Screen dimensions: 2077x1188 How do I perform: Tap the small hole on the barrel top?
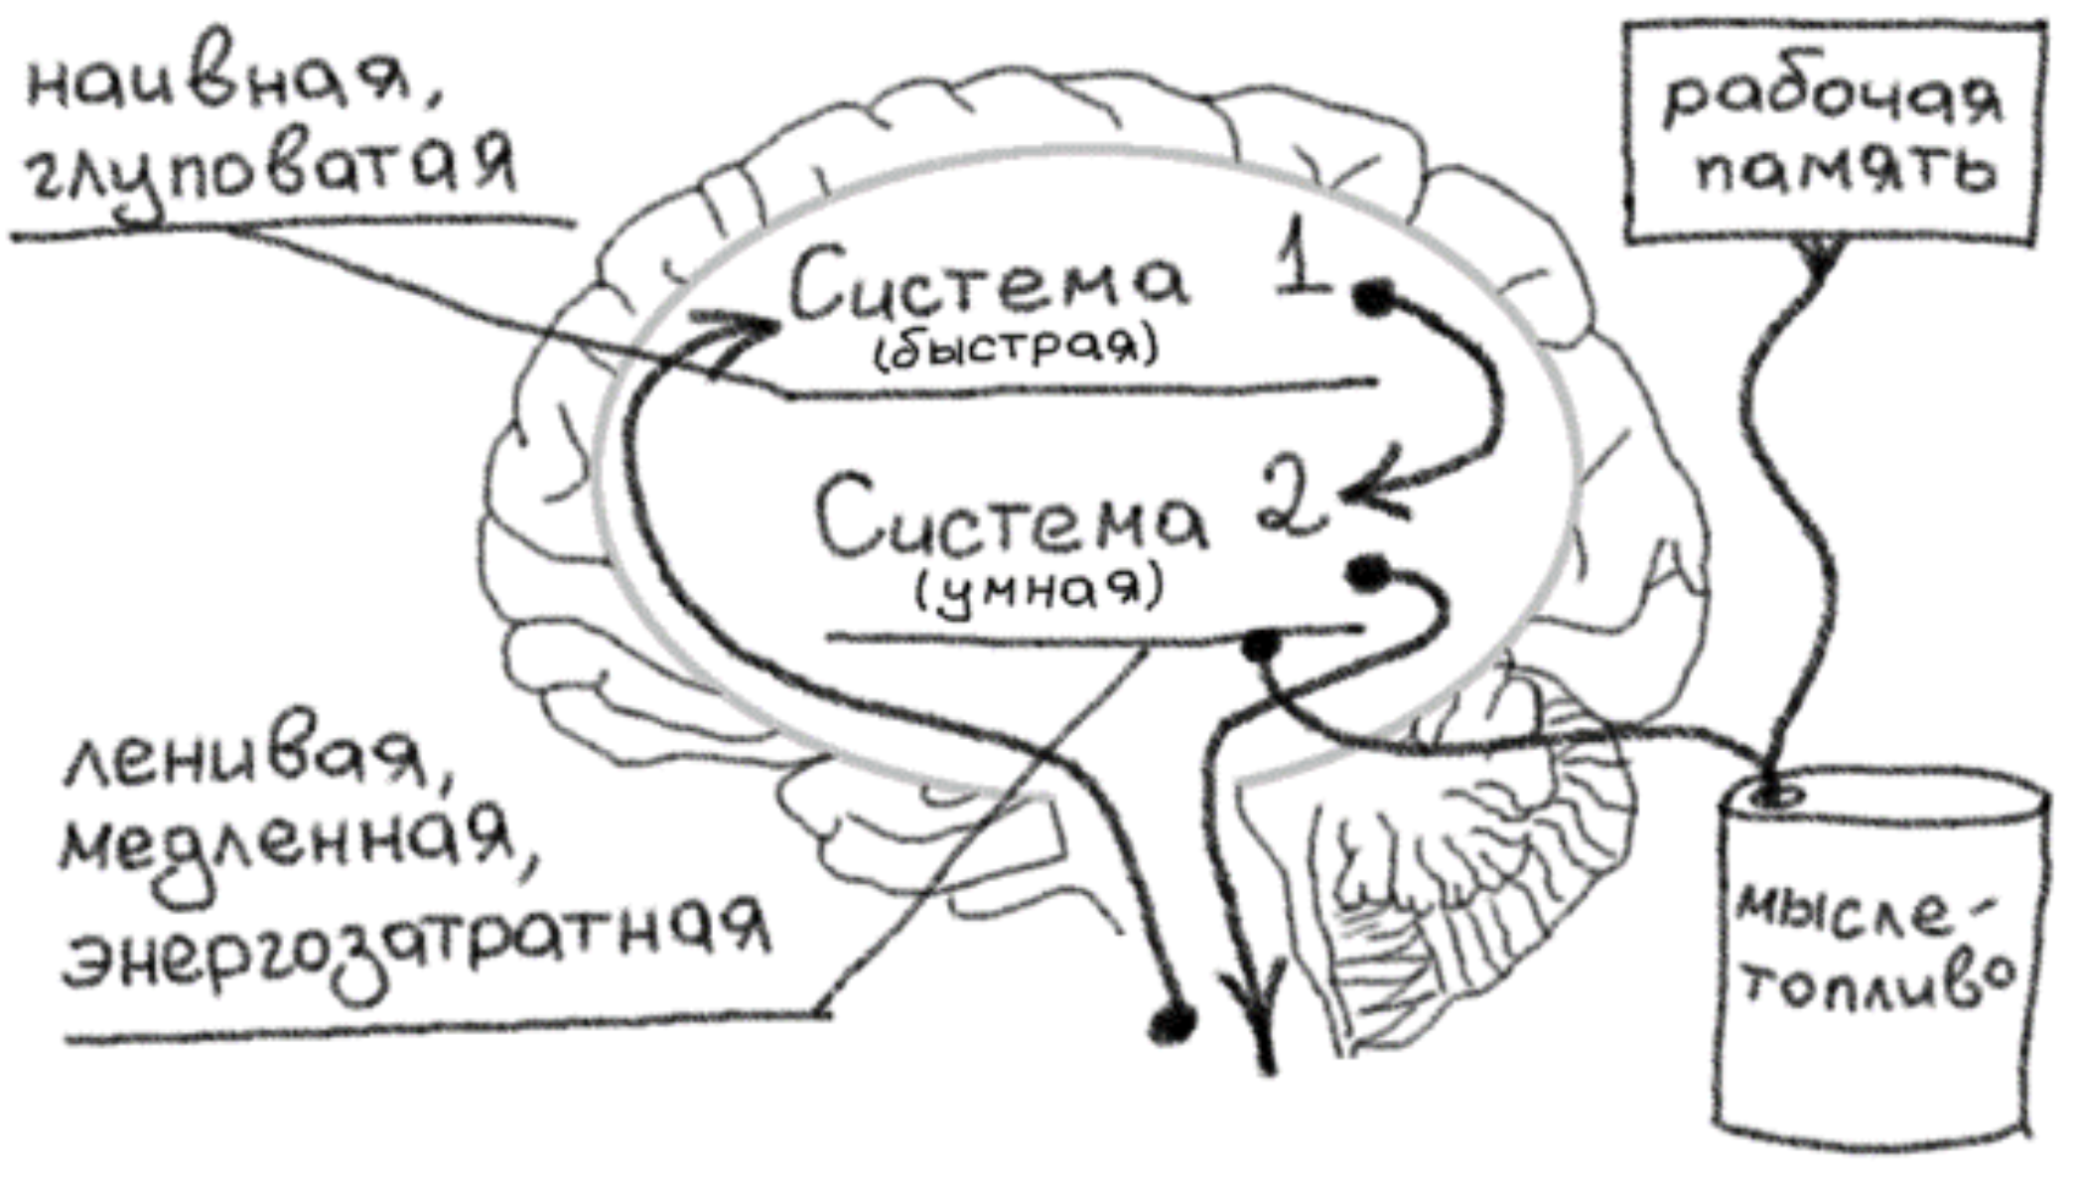pyautogui.click(x=1777, y=796)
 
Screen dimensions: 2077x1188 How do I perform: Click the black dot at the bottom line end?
pyautogui.click(x=1172, y=1021)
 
